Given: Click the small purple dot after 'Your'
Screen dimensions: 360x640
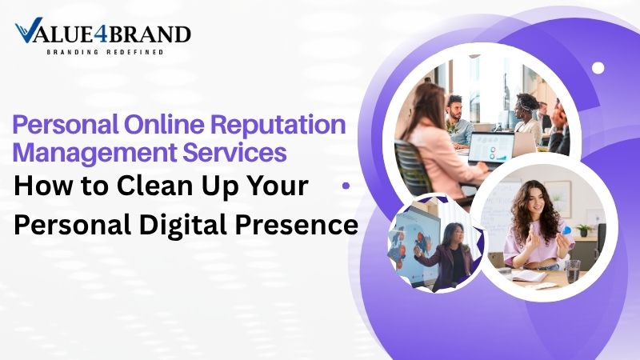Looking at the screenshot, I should [x=346, y=185].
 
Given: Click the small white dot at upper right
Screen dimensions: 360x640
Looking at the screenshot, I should [x=598, y=68].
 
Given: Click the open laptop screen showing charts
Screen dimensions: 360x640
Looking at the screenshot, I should [x=490, y=148].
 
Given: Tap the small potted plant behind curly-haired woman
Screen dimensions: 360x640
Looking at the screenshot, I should [x=586, y=229].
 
